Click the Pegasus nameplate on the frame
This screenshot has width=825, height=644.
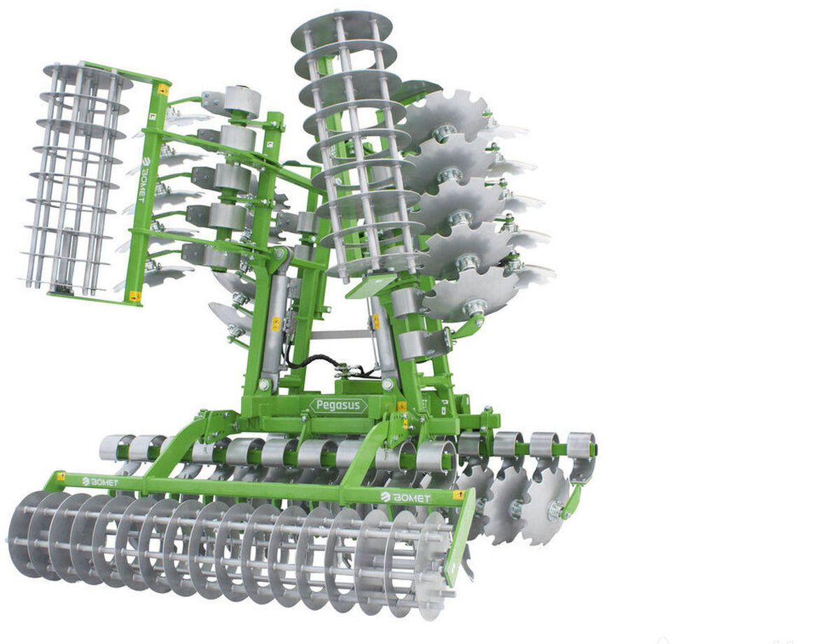[339, 405]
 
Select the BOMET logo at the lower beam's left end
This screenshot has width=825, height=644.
[99, 482]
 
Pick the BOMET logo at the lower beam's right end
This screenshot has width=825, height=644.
[406, 496]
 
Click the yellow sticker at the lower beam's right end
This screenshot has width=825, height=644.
[459, 495]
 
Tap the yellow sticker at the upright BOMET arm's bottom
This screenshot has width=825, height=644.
[134, 296]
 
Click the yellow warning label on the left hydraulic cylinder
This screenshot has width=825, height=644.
[276, 324]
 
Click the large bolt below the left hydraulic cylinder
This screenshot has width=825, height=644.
[264, 384]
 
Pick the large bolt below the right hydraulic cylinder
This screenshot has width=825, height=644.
[387, 384]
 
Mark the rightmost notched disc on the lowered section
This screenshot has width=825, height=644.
[546, 504]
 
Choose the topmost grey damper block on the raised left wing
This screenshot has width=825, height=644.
[233, 101]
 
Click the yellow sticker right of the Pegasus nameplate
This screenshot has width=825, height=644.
[402, 406]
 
